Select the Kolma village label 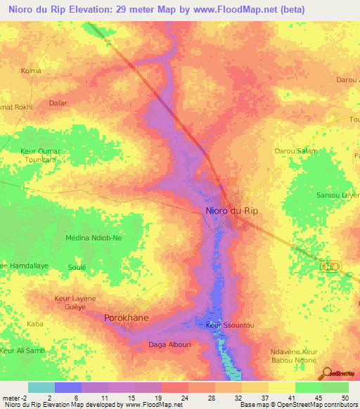click(31, 71)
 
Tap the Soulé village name click(77, 267)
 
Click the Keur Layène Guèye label click(75, 302)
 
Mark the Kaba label click(34, 323)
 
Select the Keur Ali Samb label click(22, 350)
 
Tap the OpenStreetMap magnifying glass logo click(327, 373)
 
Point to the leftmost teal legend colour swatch click(41, 387)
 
